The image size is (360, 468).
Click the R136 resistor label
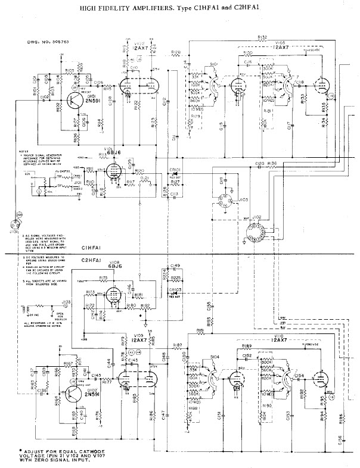click(272, 163)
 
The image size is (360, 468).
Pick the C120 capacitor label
click(259, 163)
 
